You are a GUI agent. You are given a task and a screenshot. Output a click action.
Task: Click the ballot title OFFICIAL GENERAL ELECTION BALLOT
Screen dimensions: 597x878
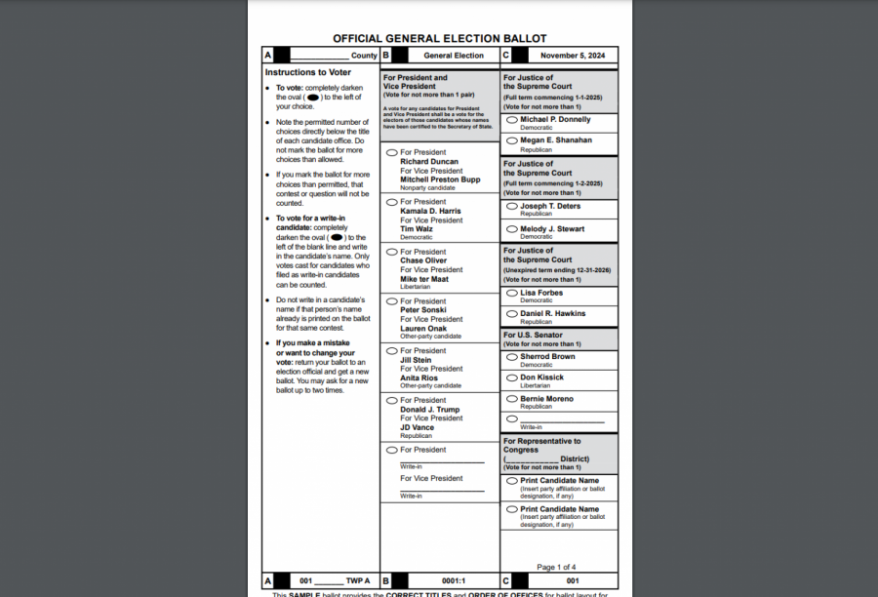439,39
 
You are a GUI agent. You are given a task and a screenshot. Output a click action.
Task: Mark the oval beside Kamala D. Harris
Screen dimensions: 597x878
392,202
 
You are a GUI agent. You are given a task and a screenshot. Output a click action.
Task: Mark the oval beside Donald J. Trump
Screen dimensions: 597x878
392,400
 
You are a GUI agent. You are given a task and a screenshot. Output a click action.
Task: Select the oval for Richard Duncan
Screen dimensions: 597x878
392,152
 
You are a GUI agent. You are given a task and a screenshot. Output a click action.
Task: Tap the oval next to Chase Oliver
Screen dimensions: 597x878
392,252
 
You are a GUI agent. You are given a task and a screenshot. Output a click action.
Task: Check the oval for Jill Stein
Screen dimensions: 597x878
392,350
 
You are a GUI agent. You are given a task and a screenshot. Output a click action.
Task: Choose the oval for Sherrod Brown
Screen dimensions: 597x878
512,357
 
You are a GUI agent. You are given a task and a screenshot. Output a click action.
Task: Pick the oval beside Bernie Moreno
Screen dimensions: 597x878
512,398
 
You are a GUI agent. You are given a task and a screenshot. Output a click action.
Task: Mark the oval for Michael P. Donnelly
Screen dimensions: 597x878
512,120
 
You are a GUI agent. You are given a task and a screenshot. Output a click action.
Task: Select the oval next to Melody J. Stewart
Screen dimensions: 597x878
512,229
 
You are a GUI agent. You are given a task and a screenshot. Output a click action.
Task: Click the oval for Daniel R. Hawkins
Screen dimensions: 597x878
512,313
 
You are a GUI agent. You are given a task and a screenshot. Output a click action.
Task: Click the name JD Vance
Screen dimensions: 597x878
417,427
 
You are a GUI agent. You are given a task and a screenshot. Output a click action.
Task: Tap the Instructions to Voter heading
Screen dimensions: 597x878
307,72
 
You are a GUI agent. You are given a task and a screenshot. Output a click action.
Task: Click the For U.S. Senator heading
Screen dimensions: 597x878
533,335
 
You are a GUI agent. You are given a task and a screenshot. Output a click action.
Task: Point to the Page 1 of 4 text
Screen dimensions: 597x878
556,567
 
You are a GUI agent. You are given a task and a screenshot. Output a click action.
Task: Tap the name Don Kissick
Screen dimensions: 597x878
541,378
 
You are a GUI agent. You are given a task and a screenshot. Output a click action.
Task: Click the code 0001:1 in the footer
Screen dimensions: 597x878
454,580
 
